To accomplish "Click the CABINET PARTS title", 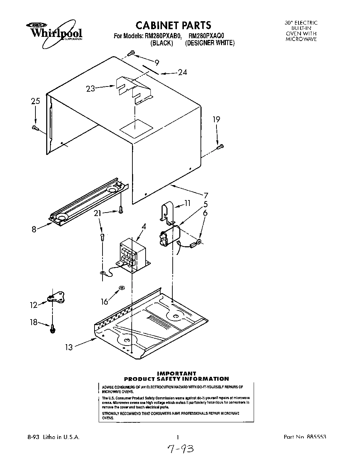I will tap(173, 25).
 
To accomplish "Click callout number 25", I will tap(35, 101).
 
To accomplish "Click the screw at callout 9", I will tap(131, 53).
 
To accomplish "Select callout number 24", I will tap(182, 72).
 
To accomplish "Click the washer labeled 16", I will tap(121, 288).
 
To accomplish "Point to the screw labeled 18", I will tap(52, 328).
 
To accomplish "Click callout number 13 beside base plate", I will tap(69, 347).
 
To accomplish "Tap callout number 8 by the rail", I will tap(34, 229).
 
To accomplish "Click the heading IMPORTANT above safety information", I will tap(177, 374).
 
